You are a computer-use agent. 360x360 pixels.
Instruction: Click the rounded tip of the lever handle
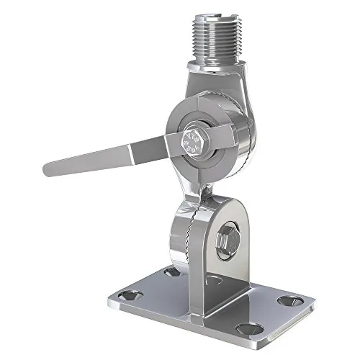coord(50,169)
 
